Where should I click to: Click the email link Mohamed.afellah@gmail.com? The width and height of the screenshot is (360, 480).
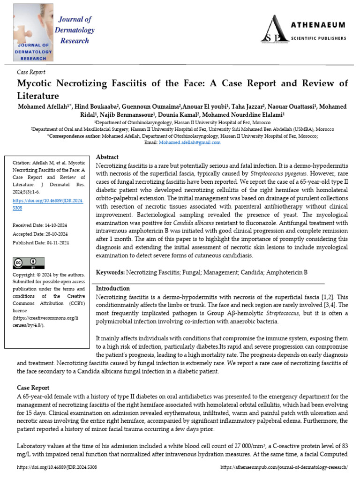click(189, 142)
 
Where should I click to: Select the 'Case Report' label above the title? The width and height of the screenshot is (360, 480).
click(31, 72)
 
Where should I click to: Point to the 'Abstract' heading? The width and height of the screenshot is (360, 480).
click(107, 157)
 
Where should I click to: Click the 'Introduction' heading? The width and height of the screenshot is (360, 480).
click(113, 288)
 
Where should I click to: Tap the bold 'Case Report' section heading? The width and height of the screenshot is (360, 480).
click(33, 388)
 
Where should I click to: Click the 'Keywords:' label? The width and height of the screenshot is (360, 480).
click(110, 272)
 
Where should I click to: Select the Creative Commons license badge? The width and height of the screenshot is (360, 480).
click(29, 263)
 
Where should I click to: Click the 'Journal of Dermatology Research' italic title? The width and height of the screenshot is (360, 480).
click(75, 30)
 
